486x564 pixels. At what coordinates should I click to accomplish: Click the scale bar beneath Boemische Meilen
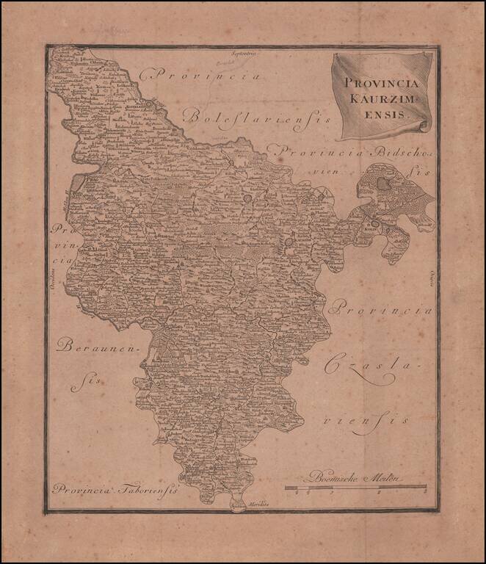(x=356, y=487)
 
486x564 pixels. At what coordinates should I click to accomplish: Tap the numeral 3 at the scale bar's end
(x=424, y=494)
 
